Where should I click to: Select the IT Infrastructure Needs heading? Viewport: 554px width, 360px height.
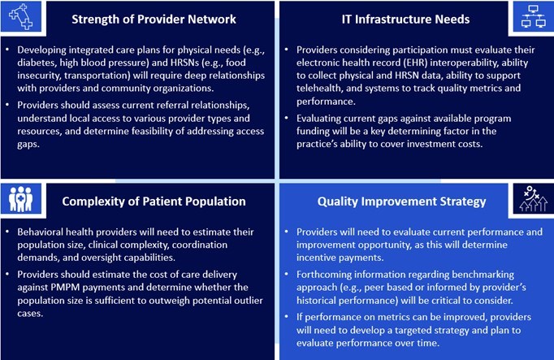point(418,19)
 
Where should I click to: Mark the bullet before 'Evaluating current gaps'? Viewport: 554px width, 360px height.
point(288,118)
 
